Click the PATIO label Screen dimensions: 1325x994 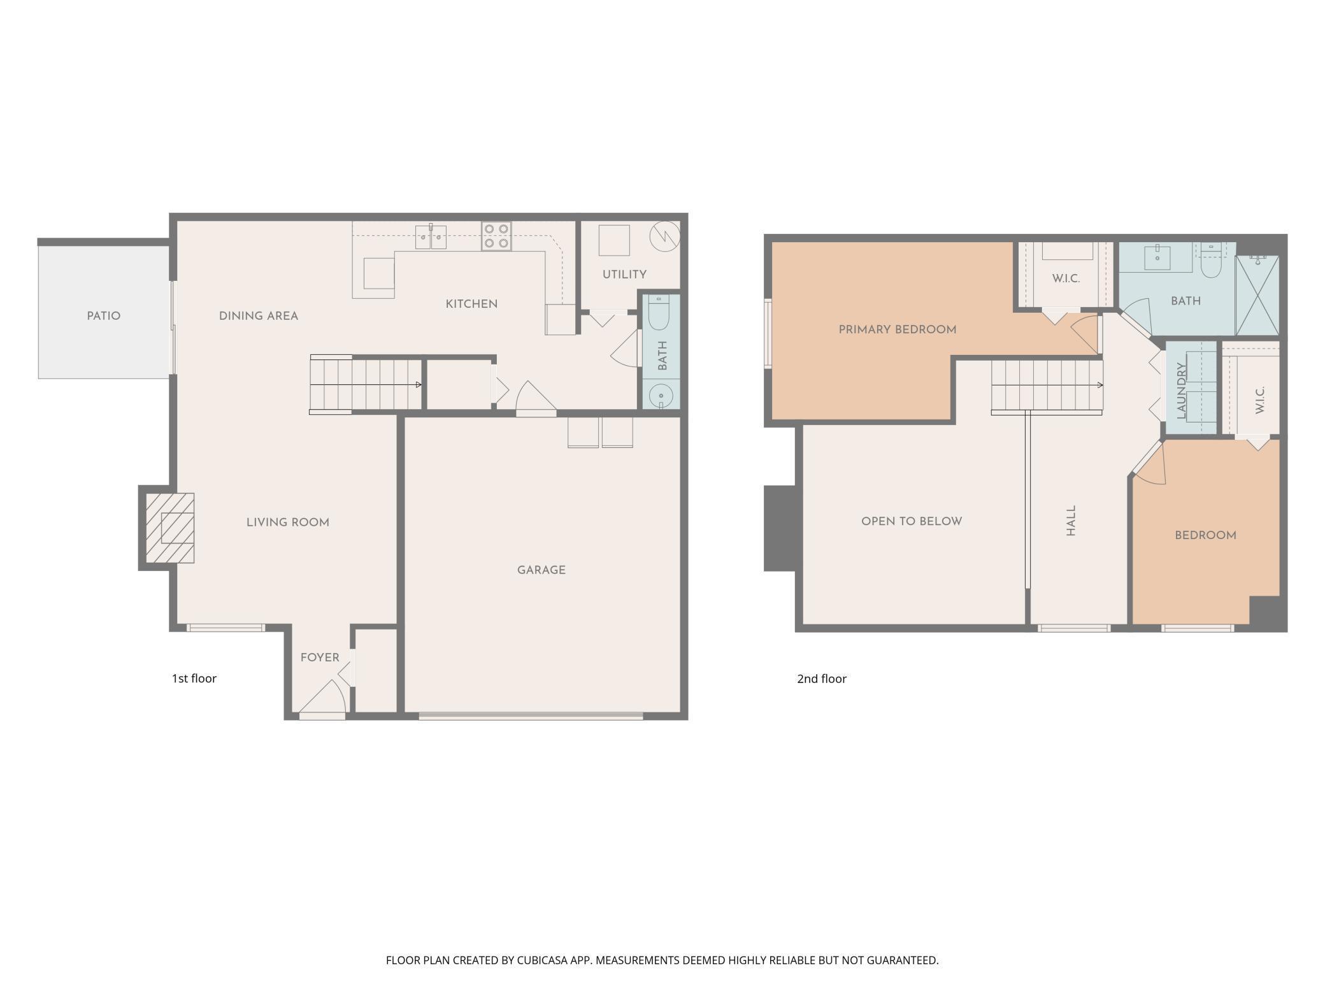pos(104,316)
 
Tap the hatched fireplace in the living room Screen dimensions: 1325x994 pos(170,528)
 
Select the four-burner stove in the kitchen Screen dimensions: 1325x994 pos(496,236)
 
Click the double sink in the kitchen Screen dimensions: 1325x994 pos(431,236)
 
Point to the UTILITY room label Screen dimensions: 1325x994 pos(624,275)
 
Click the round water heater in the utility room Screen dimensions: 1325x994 pos(664,236)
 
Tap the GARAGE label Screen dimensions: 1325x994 pos(541,570)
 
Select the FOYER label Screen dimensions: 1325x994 pos(320,658)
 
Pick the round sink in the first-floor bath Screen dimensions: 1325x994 pos(661,397)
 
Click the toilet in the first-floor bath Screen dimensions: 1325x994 pos(659,313)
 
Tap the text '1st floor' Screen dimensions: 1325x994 pos(194,679)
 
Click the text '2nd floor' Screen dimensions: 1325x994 pos(822,679)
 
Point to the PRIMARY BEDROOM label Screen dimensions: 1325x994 pos(898,330)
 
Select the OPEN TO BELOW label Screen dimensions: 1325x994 pos(912,521)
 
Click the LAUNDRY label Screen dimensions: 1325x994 pos(1182,391)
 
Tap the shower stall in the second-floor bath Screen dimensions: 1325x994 pos(1257,295)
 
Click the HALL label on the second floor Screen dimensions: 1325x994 pos(1071,521)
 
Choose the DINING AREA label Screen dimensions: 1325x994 pos(259,316)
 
